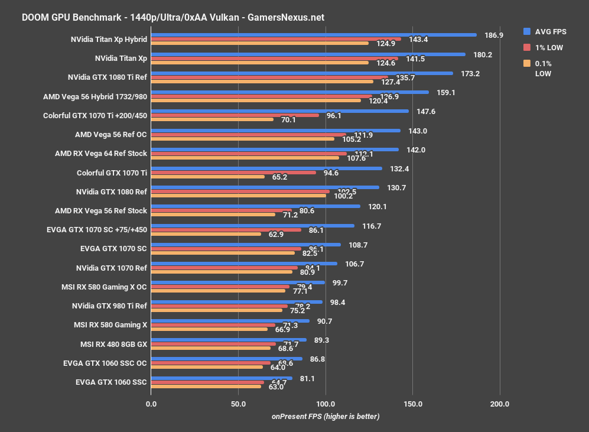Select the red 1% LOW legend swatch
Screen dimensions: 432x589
(x=527, y=47)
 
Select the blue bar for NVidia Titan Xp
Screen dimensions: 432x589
(x=307, y=54)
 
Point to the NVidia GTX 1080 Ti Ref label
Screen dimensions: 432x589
(x=108, y=77)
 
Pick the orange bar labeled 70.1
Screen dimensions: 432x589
(x=211, y=119)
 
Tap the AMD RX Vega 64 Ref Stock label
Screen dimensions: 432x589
(x=101, y=153)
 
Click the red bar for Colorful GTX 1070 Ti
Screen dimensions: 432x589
(x=233, y=173)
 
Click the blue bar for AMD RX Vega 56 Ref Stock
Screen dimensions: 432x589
(x=255, y=206)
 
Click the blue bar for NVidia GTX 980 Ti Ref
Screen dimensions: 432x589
(x=236, y=301)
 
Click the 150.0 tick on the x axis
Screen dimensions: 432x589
(x=412, y=404)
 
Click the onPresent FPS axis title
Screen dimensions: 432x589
(x=326, y=417)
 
